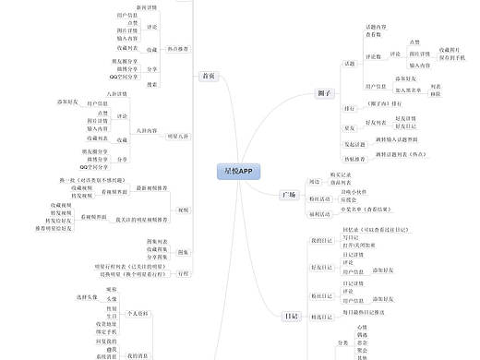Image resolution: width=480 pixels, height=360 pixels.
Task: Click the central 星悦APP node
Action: (237, 172)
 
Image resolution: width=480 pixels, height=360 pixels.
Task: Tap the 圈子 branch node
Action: (324, 94)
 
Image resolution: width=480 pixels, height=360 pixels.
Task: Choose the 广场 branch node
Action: (288, 195)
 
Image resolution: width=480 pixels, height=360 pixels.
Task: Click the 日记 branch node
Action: (292, 316)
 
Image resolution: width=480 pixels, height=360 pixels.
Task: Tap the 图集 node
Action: (183, 251)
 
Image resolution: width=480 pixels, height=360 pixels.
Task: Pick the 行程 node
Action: (184, 274)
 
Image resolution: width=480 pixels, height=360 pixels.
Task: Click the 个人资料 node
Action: (138, 314)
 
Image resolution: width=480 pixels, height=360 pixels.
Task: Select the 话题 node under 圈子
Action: (349, 64)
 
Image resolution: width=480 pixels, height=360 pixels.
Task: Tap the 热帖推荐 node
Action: (356, 159)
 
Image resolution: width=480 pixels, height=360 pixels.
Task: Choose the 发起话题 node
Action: (355, 145)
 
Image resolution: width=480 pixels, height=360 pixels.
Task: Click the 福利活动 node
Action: (320, 212)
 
